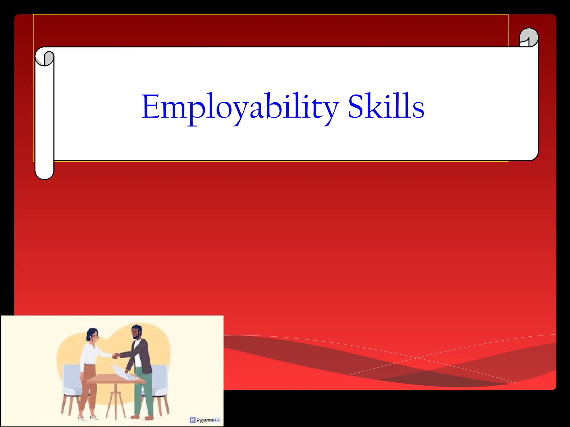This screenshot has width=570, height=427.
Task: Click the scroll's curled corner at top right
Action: [x=529, y=37]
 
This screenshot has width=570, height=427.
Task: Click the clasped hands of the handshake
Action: [x=116, y=356]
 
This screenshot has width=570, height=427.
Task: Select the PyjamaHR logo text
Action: [x=208, y=420]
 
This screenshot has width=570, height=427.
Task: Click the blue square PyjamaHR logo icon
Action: [x=193, y=420]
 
